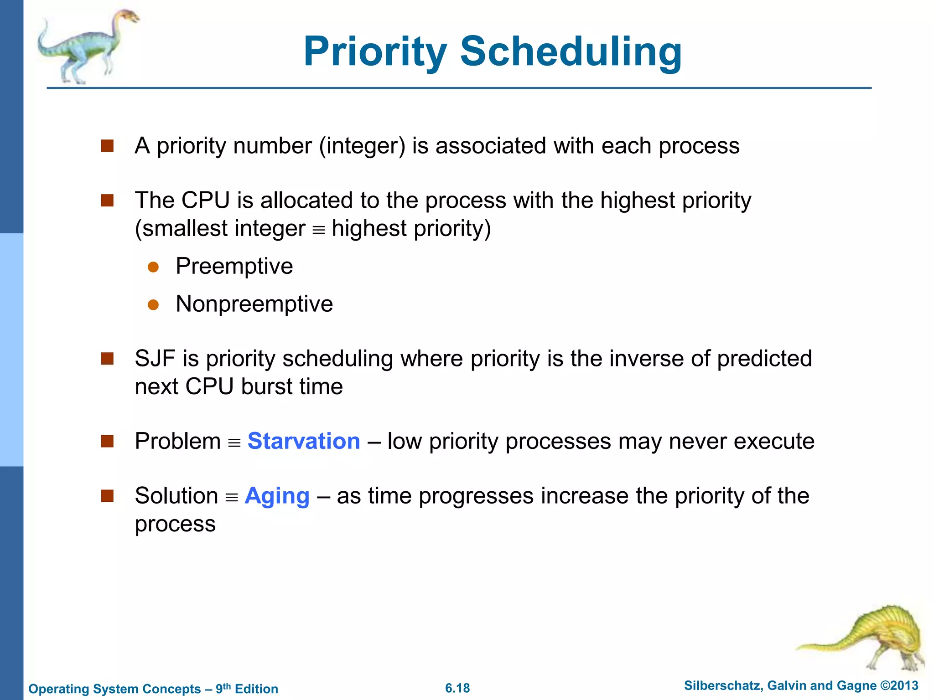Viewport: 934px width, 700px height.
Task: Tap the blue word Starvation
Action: coord(304,441)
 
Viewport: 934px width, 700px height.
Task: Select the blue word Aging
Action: coord(277,496)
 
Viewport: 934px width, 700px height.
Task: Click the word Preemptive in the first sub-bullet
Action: coord(234,266)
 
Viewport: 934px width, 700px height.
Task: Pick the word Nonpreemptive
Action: coord(254,304)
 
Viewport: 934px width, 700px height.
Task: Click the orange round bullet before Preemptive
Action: coord(153,267)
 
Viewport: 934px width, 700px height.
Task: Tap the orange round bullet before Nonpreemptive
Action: coord(153,305)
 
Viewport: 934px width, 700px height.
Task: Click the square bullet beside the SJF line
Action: coord(107,359)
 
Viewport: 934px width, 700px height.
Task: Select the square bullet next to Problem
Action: coord(107,441)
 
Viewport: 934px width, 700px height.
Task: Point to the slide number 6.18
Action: coord(457,688)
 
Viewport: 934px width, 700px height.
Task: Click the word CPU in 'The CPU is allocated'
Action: coord(205,201)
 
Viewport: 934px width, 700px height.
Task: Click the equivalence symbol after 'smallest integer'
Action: coord(318,230)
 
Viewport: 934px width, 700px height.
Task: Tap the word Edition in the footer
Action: coord(256,689)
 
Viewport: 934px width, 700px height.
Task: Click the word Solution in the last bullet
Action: coord(176,496)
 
